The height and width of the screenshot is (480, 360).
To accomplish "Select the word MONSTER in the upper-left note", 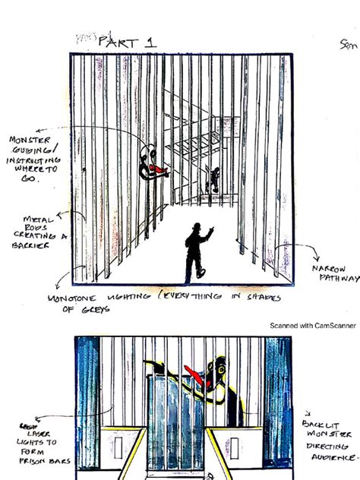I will tap(30, 141).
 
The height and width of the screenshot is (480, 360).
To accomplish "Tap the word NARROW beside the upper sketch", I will tap(331, 269).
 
